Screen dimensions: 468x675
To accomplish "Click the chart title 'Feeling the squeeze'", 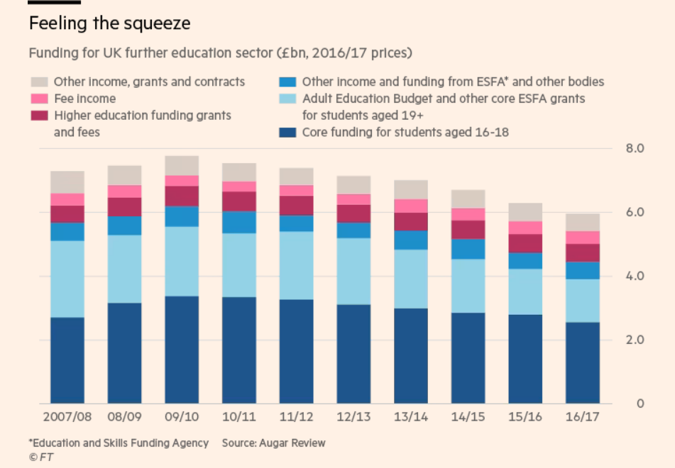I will point(109,23).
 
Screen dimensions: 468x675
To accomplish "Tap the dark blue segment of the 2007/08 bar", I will point(67,360).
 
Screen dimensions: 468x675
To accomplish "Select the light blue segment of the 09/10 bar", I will point(182,261).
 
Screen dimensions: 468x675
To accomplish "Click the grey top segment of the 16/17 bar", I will point(583,222).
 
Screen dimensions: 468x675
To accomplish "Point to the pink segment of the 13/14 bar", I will point(411,206).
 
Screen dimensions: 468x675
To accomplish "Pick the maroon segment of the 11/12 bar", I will point(296,206).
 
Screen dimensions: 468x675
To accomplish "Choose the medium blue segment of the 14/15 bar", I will point(468,249).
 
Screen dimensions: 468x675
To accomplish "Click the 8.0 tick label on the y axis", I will point(634,149).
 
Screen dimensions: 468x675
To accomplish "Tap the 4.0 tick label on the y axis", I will point(634,276).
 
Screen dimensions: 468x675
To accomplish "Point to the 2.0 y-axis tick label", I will point(634,340).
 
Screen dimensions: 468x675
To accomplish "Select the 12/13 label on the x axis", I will point(353,418).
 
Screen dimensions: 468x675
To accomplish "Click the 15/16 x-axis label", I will point(525,418).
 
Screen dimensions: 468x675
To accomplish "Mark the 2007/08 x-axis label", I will point(67,418).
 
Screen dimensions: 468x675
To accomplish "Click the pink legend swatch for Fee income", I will point(38,99).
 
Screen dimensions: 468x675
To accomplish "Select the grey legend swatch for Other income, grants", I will point(38,82).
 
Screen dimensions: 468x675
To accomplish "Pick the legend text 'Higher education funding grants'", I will point(143,115).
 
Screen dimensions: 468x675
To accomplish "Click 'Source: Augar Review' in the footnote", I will point(273,442).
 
